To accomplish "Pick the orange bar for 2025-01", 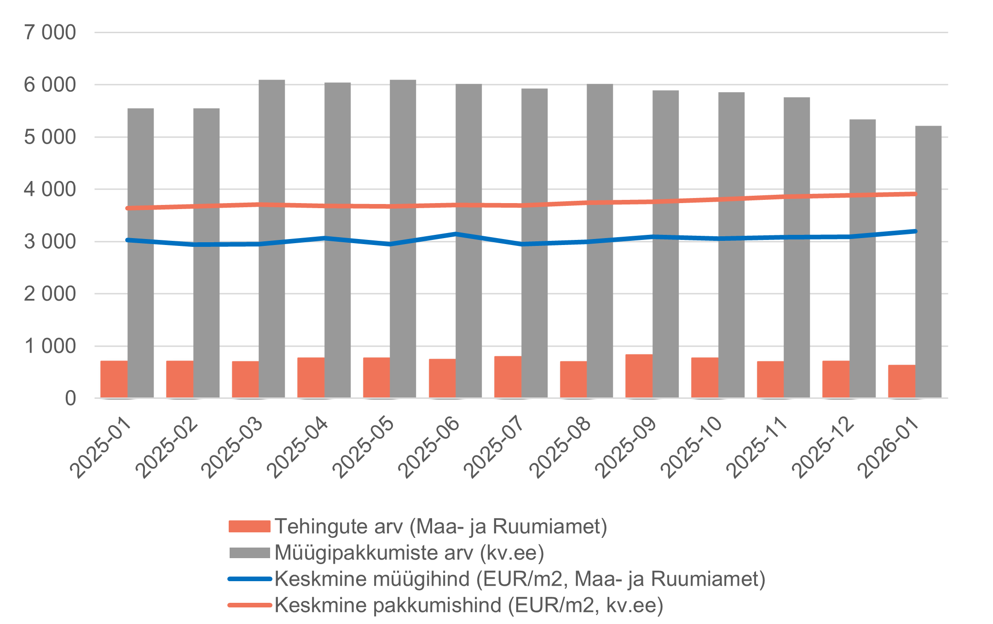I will [x=114, y=379].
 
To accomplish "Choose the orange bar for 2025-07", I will [x=508, y=377].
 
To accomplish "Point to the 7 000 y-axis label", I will [x=50, y=33].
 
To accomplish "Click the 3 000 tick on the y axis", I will [x=50, y=242].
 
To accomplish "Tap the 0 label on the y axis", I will [x=70, y=398].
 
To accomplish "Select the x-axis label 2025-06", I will [x=429, y=447].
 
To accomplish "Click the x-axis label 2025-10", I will [x=691, y=447].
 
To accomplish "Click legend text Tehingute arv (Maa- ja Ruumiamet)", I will [x=441, y=526].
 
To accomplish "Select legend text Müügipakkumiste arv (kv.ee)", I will [x=409, y=553].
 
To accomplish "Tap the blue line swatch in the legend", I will [x=249, y=579].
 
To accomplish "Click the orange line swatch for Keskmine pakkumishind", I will [x=249, y=605].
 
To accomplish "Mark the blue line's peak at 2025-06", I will [x=456, y=234].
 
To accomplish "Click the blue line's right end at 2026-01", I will [x=915, y=231].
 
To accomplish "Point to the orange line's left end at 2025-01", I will [x=128, y=208].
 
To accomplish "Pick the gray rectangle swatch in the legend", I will [x=249, y=553].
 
